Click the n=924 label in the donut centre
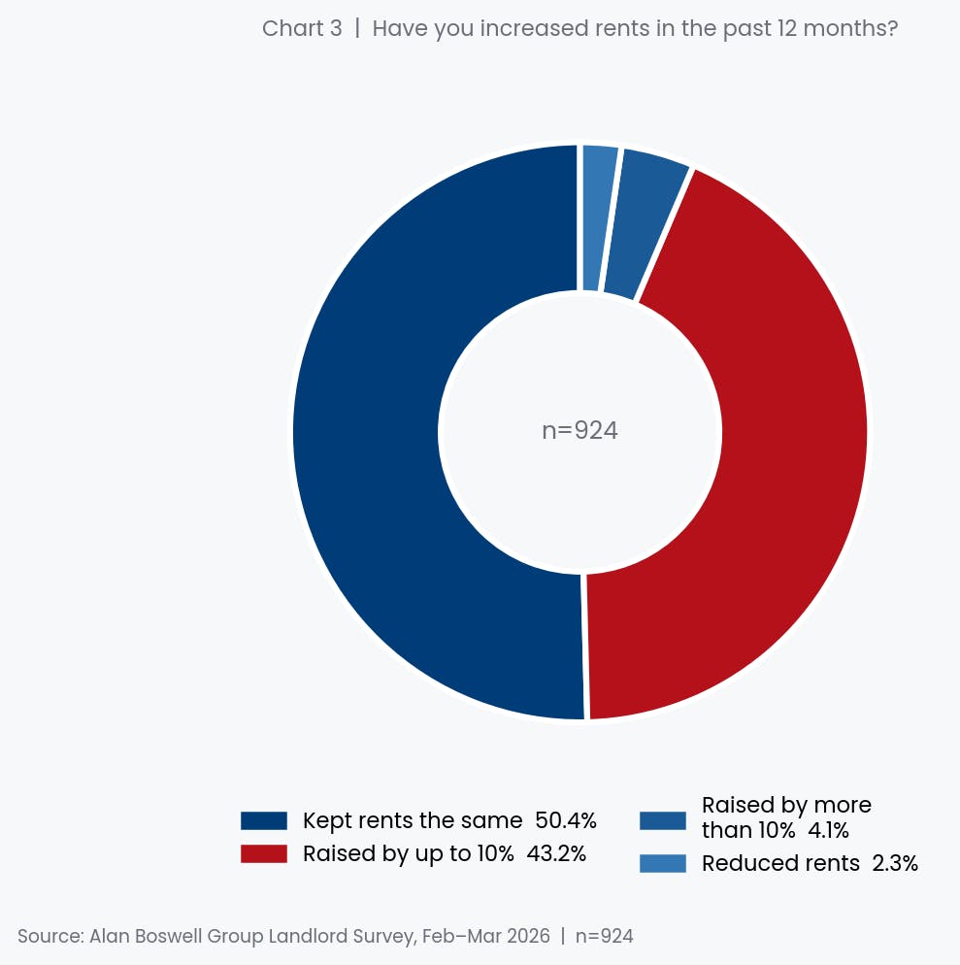579,431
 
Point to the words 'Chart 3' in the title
302,28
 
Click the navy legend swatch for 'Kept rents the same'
264,821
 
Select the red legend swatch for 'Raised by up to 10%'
264,854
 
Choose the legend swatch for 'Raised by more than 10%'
663,821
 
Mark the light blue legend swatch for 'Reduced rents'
663,863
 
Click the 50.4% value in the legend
566,821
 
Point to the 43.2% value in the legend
556,854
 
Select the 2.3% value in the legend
895,863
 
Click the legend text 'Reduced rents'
780,863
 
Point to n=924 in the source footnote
604,937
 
